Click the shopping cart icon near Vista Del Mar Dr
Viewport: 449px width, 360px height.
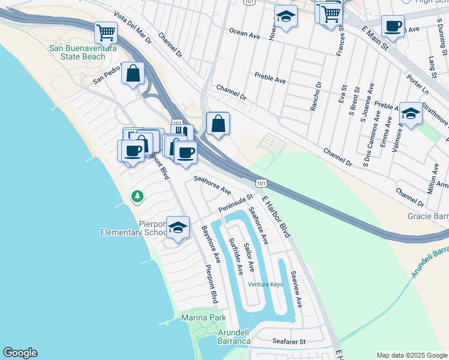(106, 31)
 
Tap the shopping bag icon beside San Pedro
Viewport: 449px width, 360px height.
(133, 74)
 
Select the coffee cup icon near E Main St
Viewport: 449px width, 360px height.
(393, 26)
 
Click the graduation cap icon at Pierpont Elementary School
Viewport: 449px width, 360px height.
(178, 227)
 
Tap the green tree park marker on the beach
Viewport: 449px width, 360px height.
(137, 196)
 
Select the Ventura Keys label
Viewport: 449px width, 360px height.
(265, 284)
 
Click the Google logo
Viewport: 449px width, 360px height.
(20, 353)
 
